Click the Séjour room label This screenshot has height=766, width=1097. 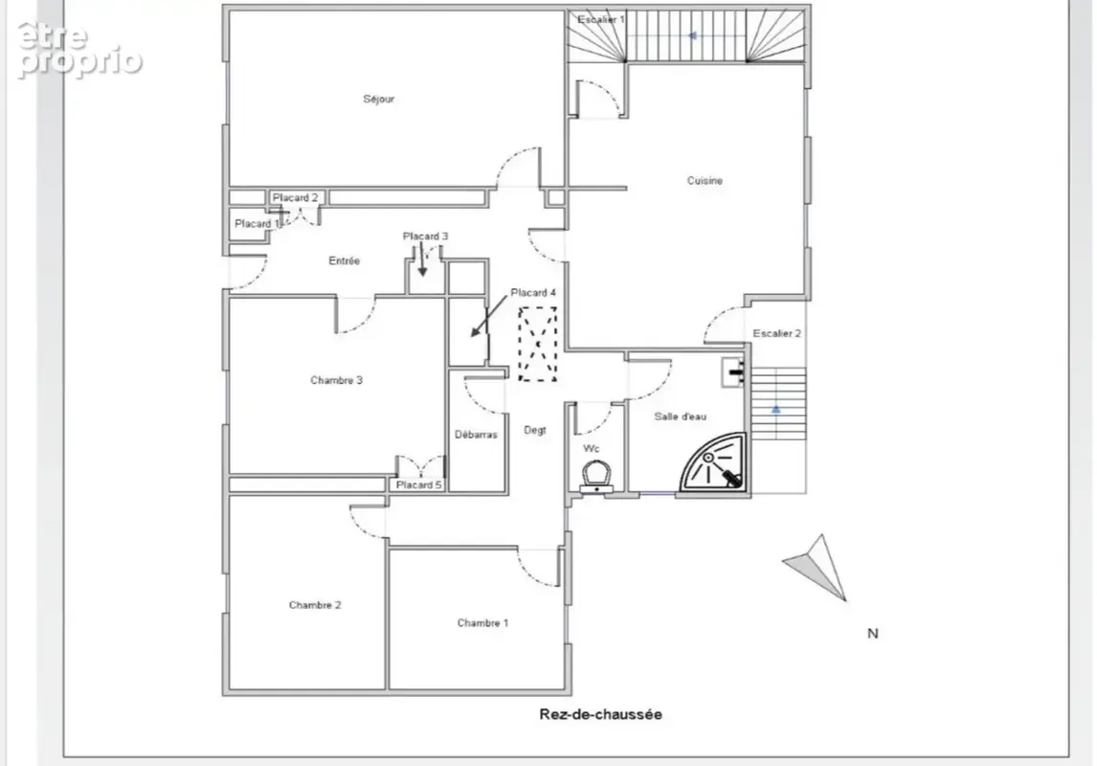[x=378, y=100]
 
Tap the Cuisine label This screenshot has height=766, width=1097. [x=705, y=180]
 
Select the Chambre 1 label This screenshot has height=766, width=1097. [x=482, y=622]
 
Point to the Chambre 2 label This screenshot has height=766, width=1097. [x=315, y=605]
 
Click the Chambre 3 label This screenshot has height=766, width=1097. [x=337, y=380]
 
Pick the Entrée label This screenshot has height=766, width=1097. [x=345, y=261]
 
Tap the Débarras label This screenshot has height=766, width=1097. [x=476, y=435]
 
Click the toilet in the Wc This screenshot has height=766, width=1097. [x=596, y=477]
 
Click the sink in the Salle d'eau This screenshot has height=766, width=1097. [x=733, y=372]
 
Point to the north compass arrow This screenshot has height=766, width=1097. [x=817, y=567]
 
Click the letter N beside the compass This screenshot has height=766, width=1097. [x=872, y=634]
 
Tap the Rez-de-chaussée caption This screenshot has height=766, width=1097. [x=600, y=714]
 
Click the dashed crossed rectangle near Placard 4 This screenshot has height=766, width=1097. [x=537, y=344]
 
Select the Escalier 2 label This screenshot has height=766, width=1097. [x=776, y=333]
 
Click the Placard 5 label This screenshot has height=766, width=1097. [x=419, y=484]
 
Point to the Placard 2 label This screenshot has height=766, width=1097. [x=295, y=198]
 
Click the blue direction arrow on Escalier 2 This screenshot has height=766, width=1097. [x=776, y=409]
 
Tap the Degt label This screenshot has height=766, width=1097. [x=535, y=430]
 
